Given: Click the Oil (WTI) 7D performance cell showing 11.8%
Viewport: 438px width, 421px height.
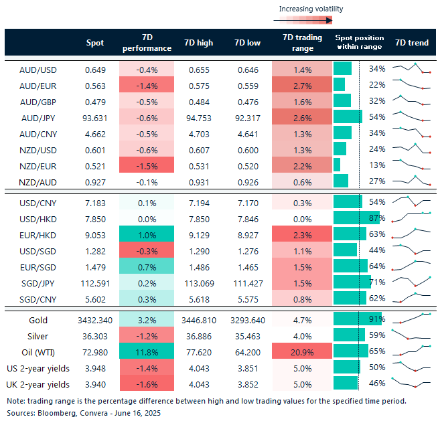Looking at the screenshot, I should point(147,350).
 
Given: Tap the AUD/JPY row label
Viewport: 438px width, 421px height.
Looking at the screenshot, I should point(38,117).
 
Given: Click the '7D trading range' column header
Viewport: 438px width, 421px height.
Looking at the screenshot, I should point(302,43).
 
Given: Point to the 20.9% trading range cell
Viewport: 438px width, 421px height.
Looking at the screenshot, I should point(302,350).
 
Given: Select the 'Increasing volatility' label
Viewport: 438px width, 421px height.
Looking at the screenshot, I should point(311,9).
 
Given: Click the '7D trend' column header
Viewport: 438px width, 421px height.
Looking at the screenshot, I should point(412,43).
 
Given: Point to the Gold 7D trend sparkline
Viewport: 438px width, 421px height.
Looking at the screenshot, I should point(411,319).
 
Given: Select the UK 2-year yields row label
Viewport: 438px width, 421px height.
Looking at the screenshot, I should point(38,384).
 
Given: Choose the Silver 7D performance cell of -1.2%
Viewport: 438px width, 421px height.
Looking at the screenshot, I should point(147,335).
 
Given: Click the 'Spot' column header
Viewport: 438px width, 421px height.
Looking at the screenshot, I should point(95,43).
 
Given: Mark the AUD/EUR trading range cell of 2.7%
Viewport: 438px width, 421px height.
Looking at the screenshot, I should point(302,84).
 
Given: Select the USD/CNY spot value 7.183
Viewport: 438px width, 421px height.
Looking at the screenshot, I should point(95,202).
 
